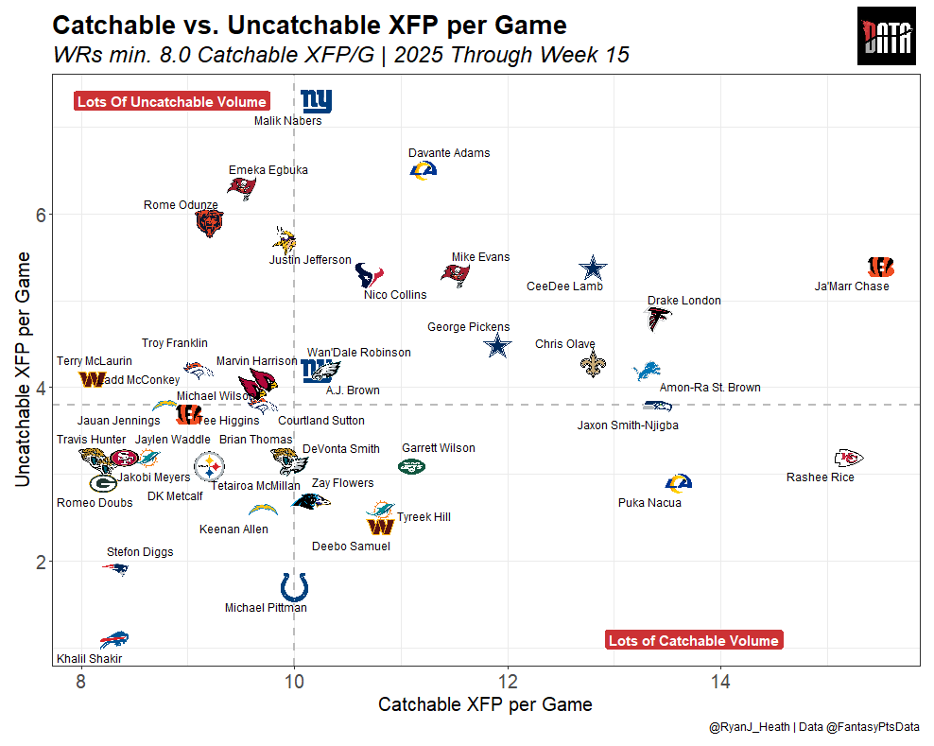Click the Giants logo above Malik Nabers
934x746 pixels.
pos(316,100)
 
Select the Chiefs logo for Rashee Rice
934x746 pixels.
pos(849,459)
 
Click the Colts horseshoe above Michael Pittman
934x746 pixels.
pos(294,586)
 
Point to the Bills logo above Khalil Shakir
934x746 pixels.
pos(114,639)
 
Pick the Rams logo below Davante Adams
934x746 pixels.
pos(423,169)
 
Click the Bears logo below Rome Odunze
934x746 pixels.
pos(209,223)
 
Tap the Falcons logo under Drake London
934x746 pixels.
pos(658,319)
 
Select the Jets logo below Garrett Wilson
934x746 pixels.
pos(412,466)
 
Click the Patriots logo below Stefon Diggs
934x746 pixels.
pos(115,569)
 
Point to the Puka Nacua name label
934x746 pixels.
pos(649,503)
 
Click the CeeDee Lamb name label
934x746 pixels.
pos(564,286)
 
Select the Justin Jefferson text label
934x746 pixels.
pos(310,260)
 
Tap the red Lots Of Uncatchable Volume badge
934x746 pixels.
pos(172,102)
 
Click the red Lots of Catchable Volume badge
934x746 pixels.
pos(694,641)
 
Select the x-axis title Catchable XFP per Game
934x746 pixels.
pos(485,704)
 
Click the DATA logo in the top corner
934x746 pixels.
pos(888,37)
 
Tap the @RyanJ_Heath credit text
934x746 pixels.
pos(751,727)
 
